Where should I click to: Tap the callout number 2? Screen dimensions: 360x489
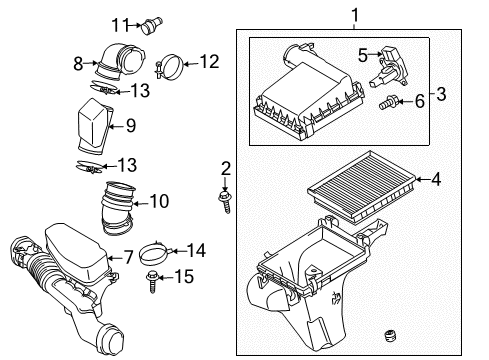(x=225, y=167)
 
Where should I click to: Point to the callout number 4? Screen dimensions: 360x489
(x=435, y=181)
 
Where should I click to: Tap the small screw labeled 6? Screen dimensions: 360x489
(x=388, y=101)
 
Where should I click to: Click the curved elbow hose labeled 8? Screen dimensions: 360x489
(x=116, y=64)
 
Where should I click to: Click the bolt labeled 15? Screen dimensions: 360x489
(x=153, y=280)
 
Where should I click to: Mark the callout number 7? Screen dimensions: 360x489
(x=129, y=258)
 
